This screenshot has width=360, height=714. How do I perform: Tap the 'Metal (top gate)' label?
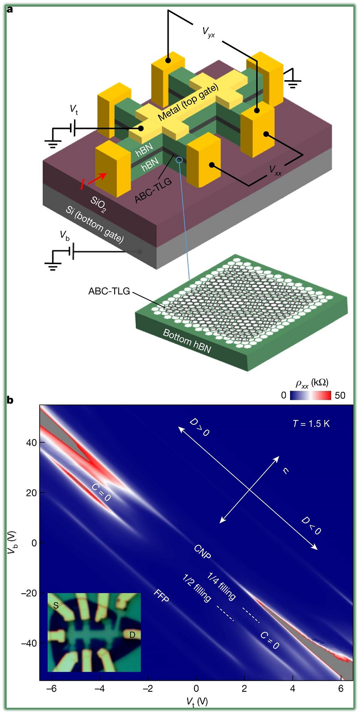point(188,102)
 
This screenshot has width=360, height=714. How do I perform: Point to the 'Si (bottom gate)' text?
point(95,225)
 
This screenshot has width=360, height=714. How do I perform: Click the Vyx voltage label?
point(208,32)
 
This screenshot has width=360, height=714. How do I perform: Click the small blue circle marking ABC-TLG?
point(179,160)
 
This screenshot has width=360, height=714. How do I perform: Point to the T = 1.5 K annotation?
point(311,424)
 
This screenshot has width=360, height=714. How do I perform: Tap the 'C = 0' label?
point(101,492)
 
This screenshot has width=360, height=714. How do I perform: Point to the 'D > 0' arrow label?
point(200,427)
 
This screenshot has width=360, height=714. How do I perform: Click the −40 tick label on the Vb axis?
point(29,643)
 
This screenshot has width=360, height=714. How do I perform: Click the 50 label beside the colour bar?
point(340,395)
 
